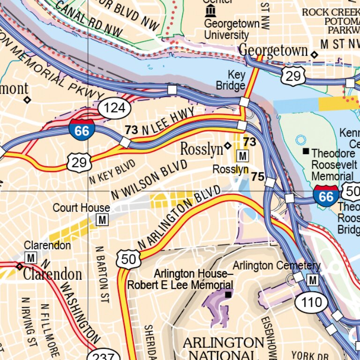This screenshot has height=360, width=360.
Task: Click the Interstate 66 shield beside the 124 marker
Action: [x=82, y=129]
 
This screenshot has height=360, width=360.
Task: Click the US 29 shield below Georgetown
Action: [x=293, y=75]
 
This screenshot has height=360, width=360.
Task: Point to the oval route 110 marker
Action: [x=312, y=302]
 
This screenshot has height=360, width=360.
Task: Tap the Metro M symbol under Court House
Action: [x=101, y=219]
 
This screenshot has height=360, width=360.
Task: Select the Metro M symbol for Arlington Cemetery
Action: [x=313, y=280]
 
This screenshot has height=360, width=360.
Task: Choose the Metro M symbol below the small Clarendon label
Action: [x=31, y=257]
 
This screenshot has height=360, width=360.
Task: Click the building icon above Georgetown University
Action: [x=211, y=10]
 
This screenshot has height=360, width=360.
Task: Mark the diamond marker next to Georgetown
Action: [x=315, y=55]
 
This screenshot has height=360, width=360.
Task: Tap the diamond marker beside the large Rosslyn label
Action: [x=228, y=146]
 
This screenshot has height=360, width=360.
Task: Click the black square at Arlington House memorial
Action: [x=228, y=294]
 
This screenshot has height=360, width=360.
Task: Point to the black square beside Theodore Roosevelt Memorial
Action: [x=306, y=151]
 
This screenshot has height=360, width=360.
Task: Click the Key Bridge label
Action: [x=231, y=80]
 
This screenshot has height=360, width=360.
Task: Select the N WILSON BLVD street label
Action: [x=149, y=180]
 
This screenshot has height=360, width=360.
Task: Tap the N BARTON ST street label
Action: [x=101, y=274]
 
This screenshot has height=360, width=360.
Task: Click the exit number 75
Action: [x=257, y=176]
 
